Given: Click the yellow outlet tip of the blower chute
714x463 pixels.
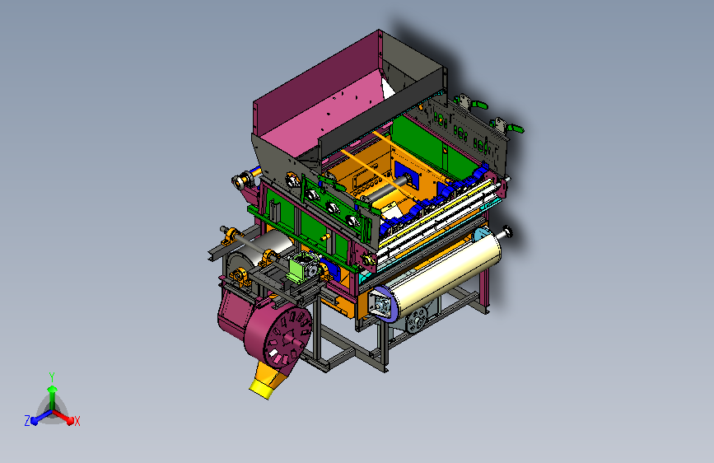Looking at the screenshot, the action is click(260, 389).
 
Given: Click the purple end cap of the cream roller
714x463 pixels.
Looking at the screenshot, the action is click(381, 303).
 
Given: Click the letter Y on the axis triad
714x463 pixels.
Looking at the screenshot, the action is click(52, 377).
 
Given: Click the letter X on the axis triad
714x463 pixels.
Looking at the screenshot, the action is click(77, 421).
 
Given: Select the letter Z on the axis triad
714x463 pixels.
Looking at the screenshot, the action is click(27, 421).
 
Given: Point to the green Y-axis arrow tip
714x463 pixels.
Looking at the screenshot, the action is click(53, 389).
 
